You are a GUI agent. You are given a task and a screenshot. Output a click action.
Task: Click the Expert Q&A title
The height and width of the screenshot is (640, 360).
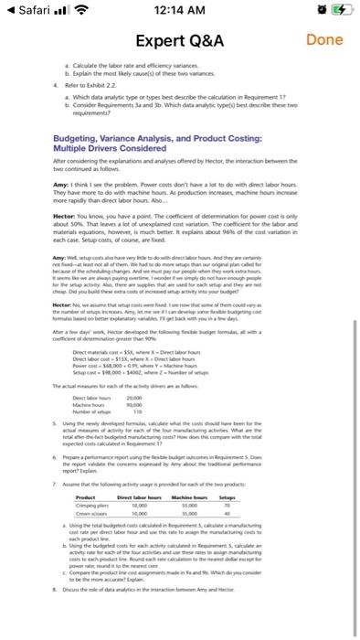click(180, 42)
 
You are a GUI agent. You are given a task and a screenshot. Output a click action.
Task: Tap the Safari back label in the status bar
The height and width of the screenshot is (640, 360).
click(30, 8)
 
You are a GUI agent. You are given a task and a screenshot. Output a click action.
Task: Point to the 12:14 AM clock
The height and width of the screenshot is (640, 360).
click(179, 9)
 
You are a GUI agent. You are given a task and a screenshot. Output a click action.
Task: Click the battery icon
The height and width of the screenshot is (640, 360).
click(339, 9)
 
